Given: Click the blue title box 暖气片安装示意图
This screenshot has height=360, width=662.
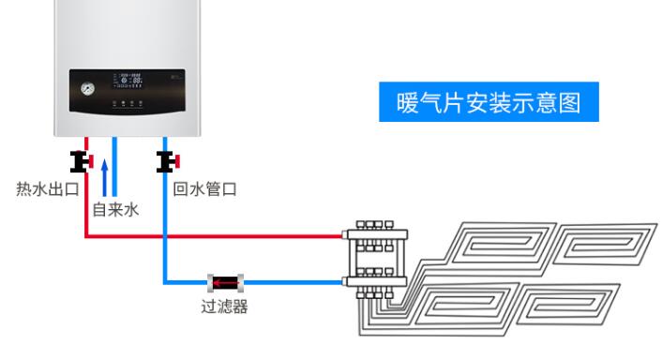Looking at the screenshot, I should coord(488,102).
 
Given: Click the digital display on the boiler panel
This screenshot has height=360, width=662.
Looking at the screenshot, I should coord(130,84).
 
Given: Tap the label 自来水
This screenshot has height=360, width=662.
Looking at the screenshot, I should coord(115,210).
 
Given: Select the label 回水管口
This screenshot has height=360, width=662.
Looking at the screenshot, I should coord(204,189).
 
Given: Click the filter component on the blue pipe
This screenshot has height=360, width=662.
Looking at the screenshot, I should coord(225,280).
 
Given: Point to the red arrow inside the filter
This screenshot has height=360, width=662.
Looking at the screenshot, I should coord(224,280).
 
